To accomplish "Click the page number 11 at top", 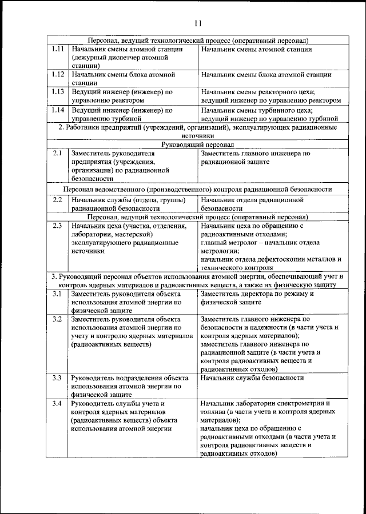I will (x=197, y=23).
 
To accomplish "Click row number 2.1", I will (x=57, y=154).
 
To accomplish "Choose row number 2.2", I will (x=57, y=200).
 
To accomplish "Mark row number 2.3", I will (x=57, y=226).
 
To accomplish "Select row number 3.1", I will (x=57, y=294).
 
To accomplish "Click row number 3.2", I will (x=57, y=319).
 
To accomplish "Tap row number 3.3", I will (x=57, y=378).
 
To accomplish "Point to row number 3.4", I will (x=57, y=404).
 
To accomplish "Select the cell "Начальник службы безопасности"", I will (x=252, y=378).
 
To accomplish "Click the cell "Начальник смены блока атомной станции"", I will (x=266, y=75).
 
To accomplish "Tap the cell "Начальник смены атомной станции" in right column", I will (x=256, y=50).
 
